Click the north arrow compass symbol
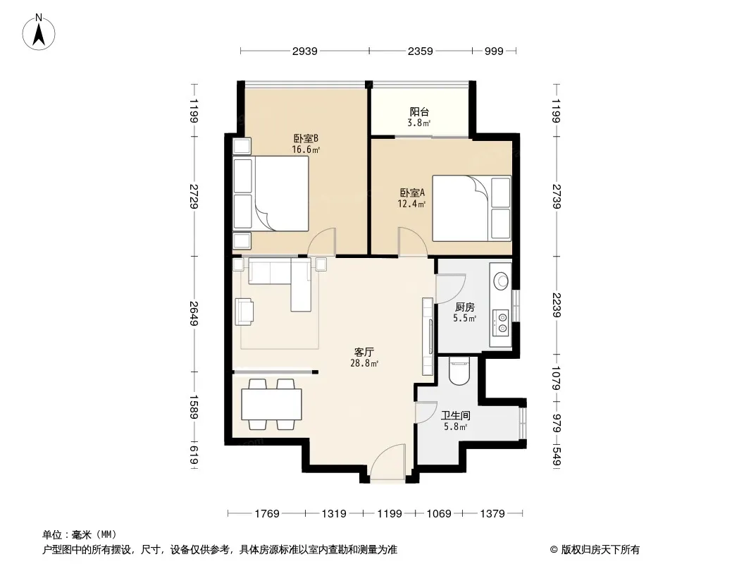click(x=39, y=32)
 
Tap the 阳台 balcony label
click(x=419, y=111)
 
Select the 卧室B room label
click(x=306, y=138)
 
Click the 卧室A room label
click(x=412, y=192)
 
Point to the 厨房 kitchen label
click(x=464, y=307)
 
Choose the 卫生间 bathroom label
click(x=455, y=415)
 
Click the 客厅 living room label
click(x=364, y=352)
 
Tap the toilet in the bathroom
click(x=460, y=372)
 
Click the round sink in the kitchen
click(x=501, y=281)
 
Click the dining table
click(x=271, y=405)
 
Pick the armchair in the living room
click(x=244, y=311)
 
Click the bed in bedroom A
click(x=471, y=208)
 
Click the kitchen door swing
click(x=450, y=288)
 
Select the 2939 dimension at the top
click(x=304, y=51)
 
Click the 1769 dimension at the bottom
click(x=267, y=514)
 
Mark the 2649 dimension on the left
click(x=194, y=314)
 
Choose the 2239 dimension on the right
click(x=556, y=305)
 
